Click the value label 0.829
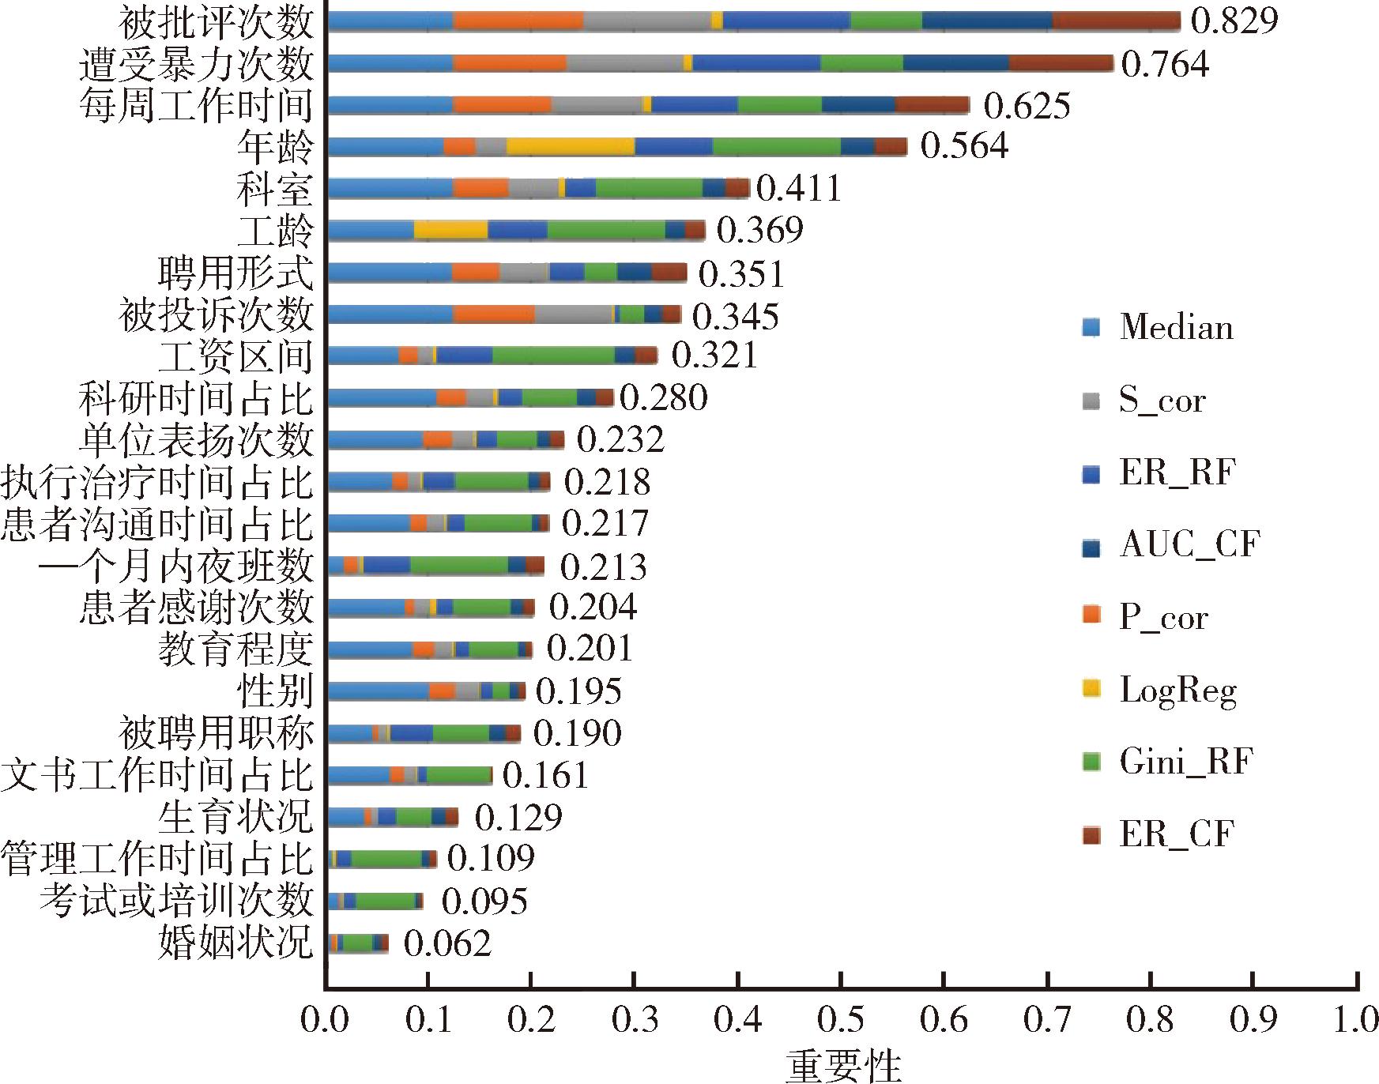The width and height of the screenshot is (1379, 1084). click(x=1234, y=21)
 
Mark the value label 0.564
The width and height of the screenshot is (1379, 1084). click(x=964, y=146)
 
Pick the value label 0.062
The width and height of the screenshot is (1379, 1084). click(x=447, y=943)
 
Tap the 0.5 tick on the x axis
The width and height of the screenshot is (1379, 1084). click(x=840, y=1020)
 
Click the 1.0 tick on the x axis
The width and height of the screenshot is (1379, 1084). click(x=1356, y=1020)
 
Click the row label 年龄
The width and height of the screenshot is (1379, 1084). click(x=275, y=146)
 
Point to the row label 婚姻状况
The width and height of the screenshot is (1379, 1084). click(x=235, y=943)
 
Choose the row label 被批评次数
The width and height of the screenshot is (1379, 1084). click(x=216, y=21)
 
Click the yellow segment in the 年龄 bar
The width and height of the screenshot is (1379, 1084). click(x=571, y=146)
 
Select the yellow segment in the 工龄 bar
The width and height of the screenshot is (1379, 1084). click(x=450, y=230)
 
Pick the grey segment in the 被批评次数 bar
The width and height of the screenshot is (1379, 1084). click(x=647, y=21)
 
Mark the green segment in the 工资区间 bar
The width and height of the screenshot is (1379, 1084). click(x=553, y=356)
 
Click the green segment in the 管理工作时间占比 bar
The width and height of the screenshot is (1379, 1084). click(x=386, y=859)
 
